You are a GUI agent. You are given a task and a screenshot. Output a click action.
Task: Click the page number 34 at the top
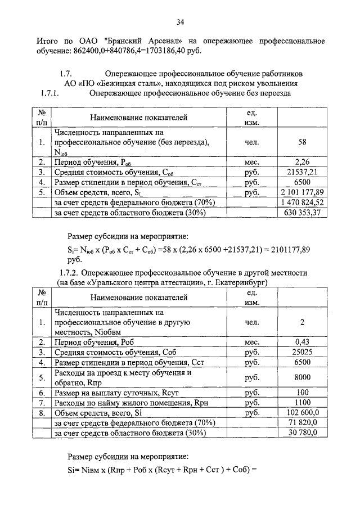(x=180, y=22)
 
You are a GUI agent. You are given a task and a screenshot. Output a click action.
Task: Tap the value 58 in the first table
(x=302, y=143)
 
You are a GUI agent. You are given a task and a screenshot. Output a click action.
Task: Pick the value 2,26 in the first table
(x=302, y=163)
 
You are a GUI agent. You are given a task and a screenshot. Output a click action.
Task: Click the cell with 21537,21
(x=302, y=172)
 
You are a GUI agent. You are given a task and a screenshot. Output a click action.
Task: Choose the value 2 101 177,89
(x=302, y=192)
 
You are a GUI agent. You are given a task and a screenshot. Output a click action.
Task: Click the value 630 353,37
(x=302, y=213)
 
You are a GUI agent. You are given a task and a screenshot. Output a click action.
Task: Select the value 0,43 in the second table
(x=302, y=341)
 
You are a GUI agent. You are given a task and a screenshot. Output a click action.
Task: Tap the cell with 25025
(x=302, y=352)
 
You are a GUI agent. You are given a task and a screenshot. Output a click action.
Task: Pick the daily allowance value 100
(x=302, y=392)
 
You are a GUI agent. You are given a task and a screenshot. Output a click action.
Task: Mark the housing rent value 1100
(x=302, y=402)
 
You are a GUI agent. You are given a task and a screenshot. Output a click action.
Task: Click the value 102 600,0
(x=302, y=412)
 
